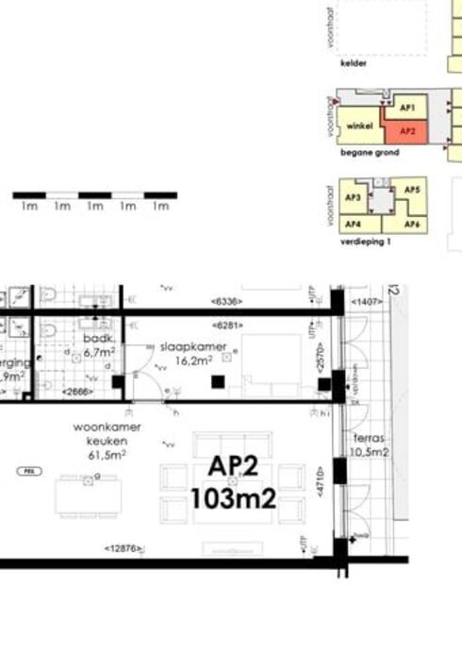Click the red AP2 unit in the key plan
407,131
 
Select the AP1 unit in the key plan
407,108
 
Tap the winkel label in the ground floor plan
359,125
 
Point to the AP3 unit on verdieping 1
354,197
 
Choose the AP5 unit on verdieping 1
411,191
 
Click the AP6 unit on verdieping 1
411,224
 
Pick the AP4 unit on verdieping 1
354,224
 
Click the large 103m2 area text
233,497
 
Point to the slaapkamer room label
192,346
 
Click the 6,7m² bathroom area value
99,351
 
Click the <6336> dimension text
226,302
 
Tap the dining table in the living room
88,495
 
